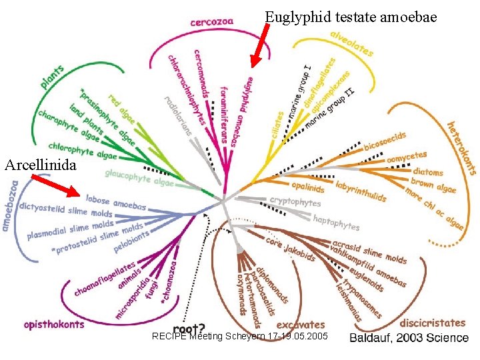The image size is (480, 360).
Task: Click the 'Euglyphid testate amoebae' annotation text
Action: click(351, 16)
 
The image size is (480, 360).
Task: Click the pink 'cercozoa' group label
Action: click(211, 21)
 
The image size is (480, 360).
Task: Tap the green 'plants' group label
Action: click(53, 77)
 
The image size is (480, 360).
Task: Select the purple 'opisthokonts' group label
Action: click(54, 325)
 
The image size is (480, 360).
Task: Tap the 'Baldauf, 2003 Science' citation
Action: click(409, 337)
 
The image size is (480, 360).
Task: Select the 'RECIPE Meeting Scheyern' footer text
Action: click(240, 336)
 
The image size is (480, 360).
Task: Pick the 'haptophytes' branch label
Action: click(336, 222)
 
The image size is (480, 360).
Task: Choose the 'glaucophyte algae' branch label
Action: click(139, 177)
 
